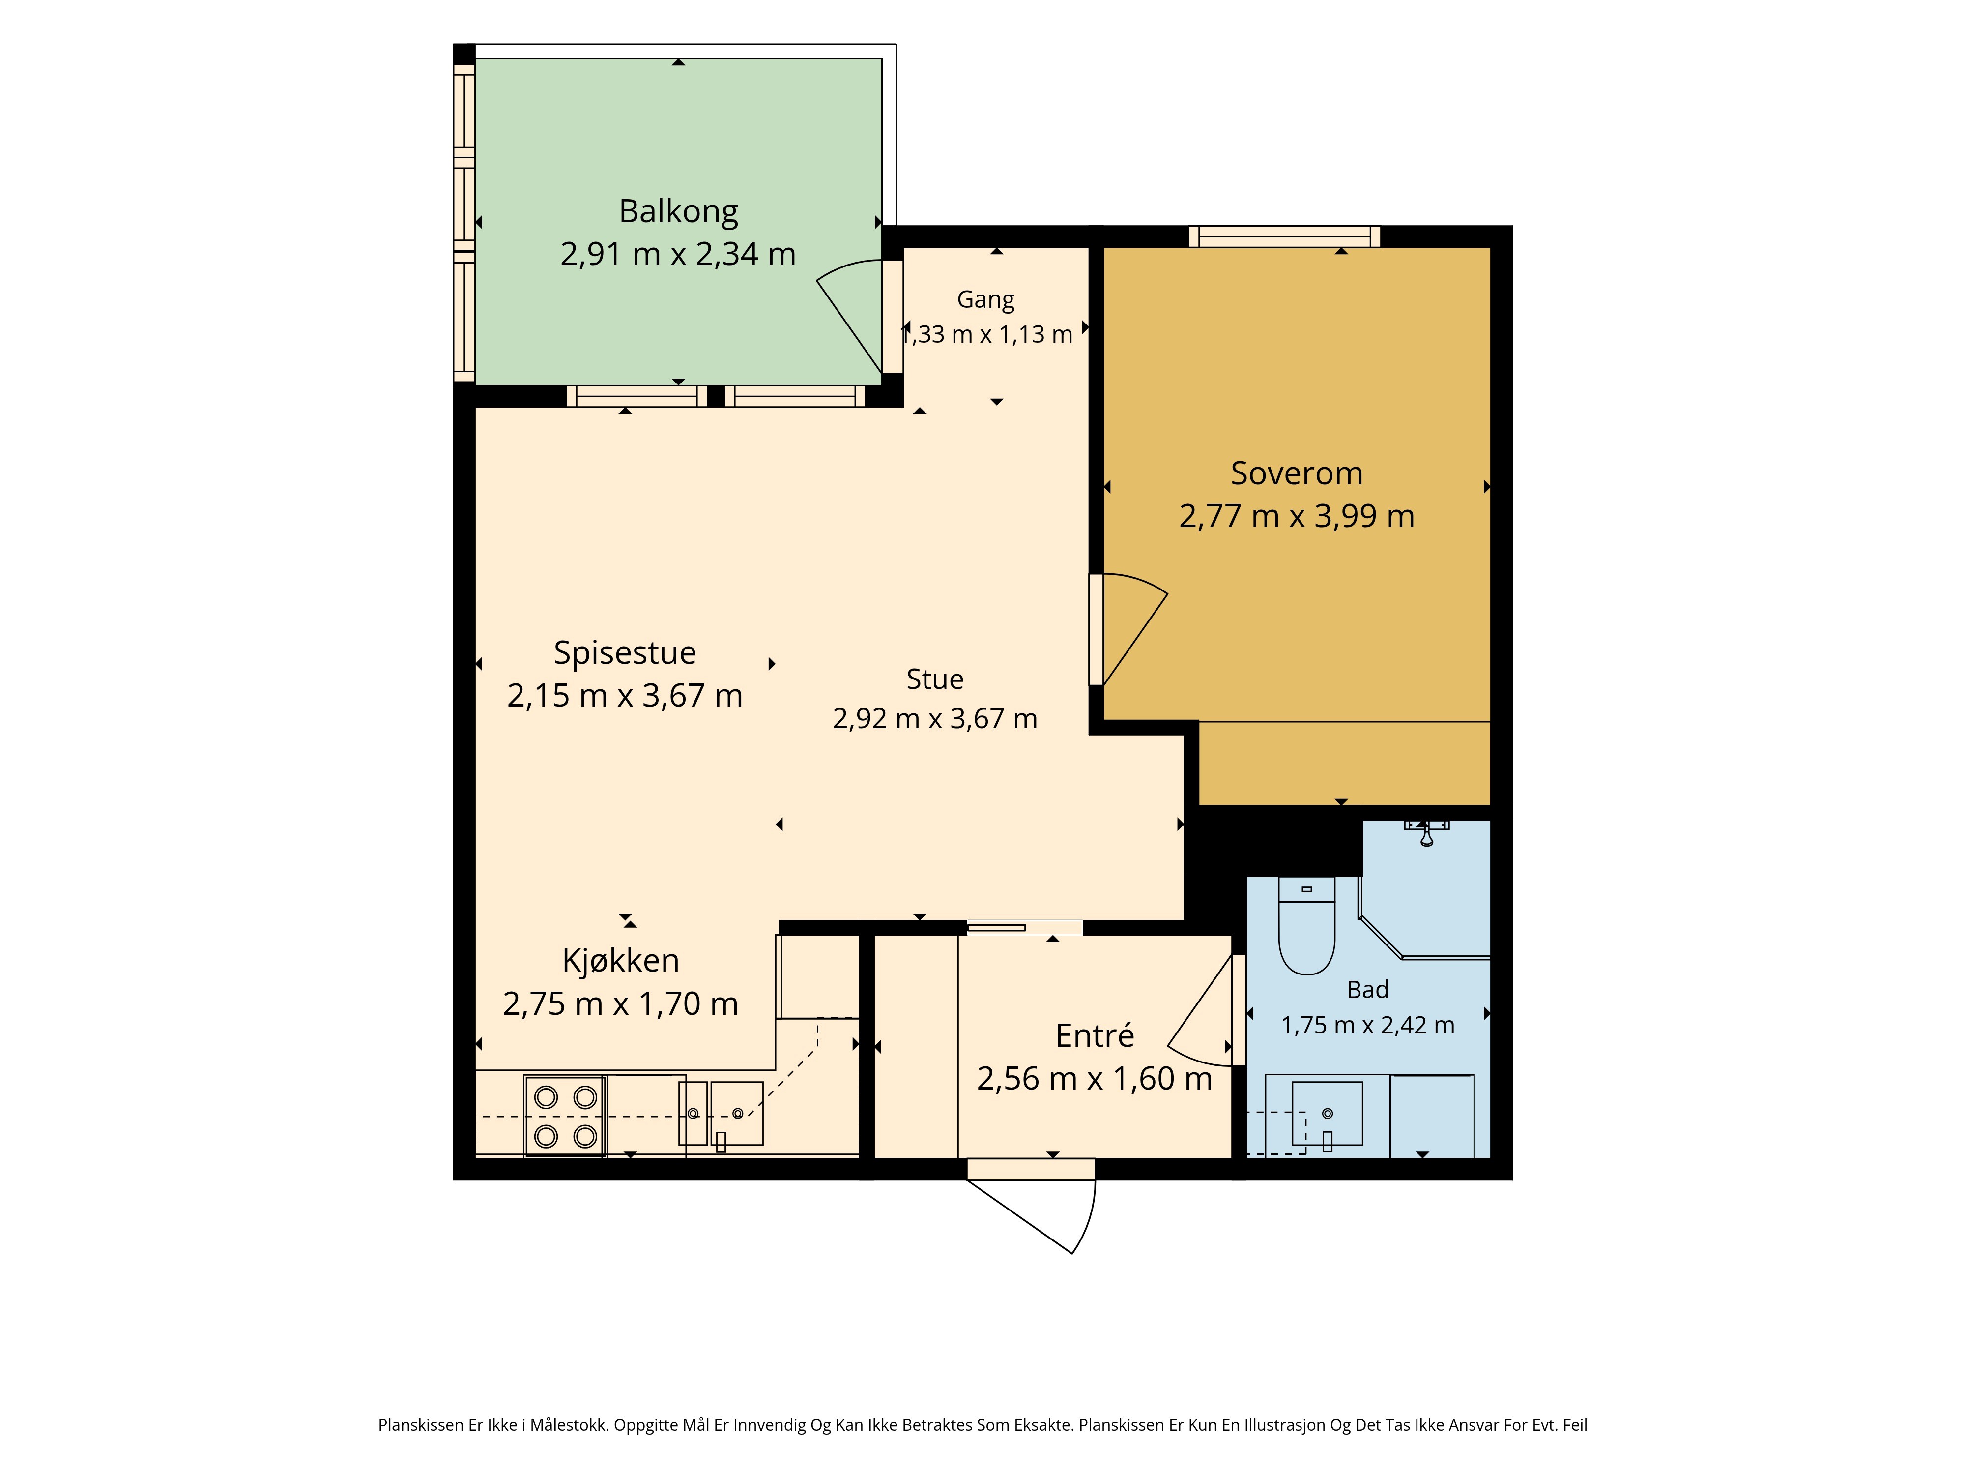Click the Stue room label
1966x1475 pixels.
click(935, 679)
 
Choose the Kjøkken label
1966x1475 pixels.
click(620, 961)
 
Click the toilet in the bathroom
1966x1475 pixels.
click(1306, 925)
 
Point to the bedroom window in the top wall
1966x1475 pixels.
click(1284, 236)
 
